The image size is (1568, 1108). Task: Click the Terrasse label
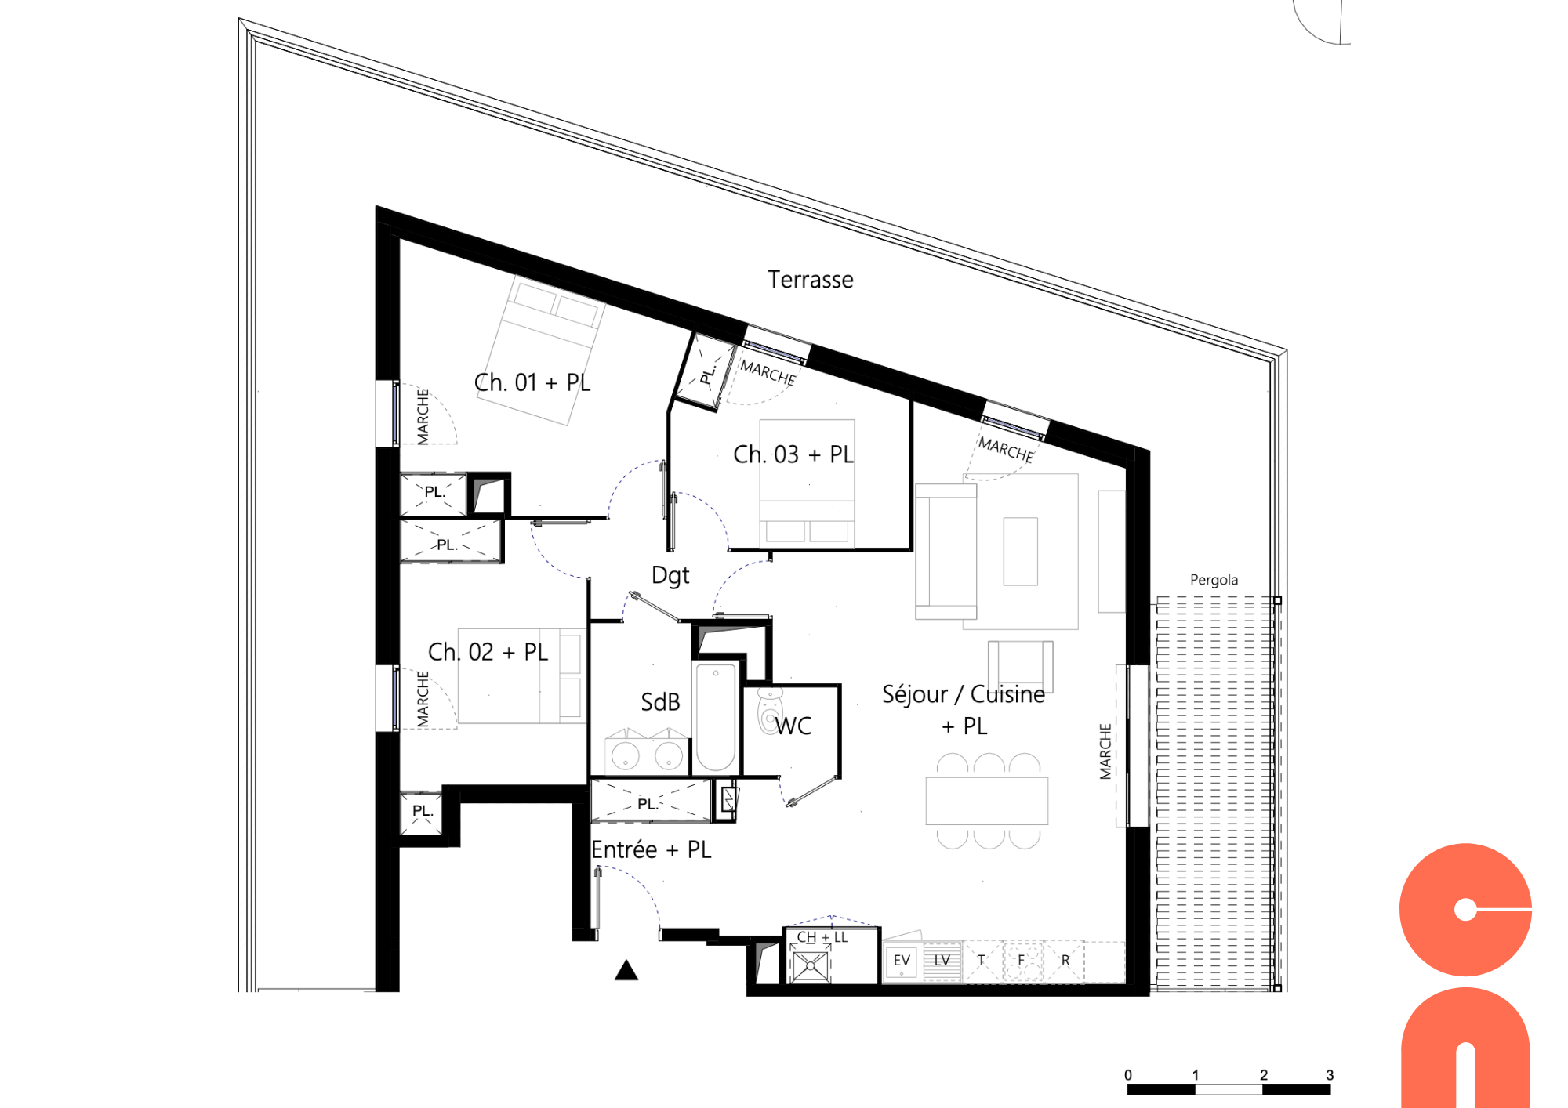click(x=810, y=280)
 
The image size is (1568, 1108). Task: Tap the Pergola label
click(x=1214, y=580)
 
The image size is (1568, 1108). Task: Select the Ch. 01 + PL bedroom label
click(x=532, y=382)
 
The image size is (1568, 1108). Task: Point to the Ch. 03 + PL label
click(x=793, y=454)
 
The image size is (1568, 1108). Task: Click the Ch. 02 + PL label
click(x=488, y=652)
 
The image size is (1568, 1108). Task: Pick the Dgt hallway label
click(x=670, y=576)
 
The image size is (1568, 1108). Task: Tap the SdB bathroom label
click(x=660, y=702)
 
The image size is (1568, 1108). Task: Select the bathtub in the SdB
click(x=715, y=718)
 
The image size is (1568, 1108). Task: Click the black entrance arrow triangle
click(x=626, y=971)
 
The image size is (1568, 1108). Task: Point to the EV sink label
click(x=902, y=961)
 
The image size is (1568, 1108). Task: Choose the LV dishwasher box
click(x=942, y=961)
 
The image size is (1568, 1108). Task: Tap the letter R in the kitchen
click(x=1065, y=961)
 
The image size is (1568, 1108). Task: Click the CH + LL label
click(x=822, y=937)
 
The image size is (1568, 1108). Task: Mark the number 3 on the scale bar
click(x=1330, y=1075)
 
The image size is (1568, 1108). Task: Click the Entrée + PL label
click(x=651, y=850)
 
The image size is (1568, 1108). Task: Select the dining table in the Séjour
click(x=986, y=801)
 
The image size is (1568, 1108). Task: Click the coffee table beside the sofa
click(x=1020, y=552)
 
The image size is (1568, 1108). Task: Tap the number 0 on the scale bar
click(x=1128, y=1075)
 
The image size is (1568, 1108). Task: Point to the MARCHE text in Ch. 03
click(x=768, y=373)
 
